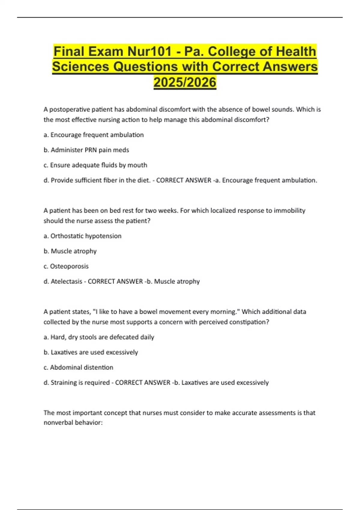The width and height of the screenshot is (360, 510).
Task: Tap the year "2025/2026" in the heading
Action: point(185,82)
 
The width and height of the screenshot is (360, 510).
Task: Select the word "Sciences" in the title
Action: point(80,67)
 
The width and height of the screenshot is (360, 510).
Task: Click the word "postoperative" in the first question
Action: point(68,109)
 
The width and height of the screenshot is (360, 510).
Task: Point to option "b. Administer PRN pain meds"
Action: point(86,150)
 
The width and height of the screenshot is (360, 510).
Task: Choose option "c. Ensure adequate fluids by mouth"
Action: point(95,165)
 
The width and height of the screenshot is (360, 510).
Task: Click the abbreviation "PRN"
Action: point(89,150)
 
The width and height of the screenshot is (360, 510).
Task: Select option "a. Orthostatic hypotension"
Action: point(82,236)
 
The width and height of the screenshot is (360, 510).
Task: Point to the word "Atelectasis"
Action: point(66,281)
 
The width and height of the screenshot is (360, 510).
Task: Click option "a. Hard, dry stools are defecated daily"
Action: point(99,337)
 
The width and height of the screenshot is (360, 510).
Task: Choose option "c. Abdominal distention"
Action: point(78,367)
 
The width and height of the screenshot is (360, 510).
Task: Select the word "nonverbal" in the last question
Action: point(57,423)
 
